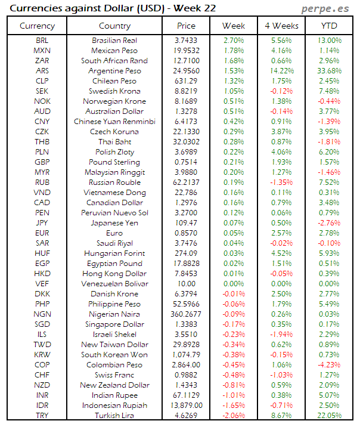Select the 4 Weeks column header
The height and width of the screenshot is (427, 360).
pos(281,26)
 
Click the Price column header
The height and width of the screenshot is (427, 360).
pos(186,26)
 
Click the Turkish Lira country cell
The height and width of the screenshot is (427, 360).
pos(114,416)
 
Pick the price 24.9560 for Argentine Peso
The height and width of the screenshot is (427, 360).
pos(186,70)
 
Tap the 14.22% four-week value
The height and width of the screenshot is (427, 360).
pos(281,70)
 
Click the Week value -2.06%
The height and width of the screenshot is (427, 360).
pos(233,416)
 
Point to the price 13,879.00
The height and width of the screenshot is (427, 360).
pos(186,406)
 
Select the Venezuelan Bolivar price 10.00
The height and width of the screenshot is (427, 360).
pos(186,284)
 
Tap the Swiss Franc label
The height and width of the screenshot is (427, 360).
pos(114,375)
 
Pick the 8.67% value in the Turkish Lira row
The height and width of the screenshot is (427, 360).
pos(281,416)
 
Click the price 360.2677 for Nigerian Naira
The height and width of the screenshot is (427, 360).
pos(186,314)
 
